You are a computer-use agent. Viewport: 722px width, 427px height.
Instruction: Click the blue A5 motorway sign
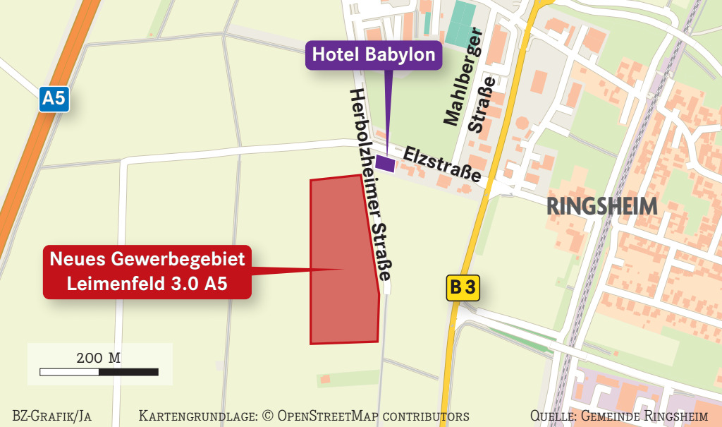54,97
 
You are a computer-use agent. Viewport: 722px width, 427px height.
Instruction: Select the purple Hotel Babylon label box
374,54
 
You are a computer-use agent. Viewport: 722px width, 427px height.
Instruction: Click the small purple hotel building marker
385,163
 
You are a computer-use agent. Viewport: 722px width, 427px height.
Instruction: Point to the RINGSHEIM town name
602,206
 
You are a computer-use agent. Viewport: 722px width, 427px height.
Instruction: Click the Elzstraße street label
442,164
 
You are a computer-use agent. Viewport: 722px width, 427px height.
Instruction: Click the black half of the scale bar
128,371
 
